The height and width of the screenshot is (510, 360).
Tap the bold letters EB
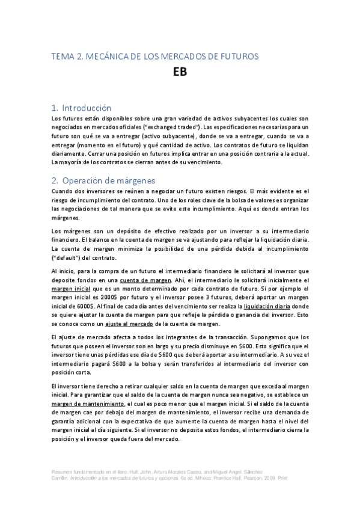tap(180, 73)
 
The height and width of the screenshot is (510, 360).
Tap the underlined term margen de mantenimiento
tap(88, 404)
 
